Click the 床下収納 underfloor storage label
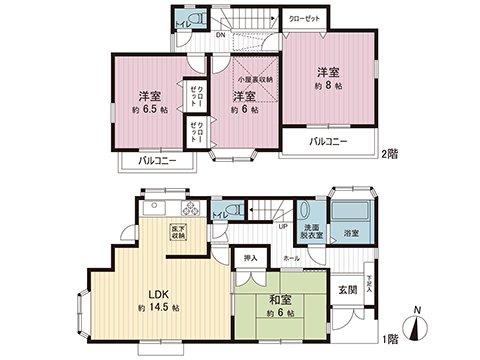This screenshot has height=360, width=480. tap(190, 231)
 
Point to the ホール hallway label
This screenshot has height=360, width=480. tap(291, 258)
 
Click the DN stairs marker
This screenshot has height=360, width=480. tap(221, 35)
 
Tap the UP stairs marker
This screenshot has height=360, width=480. tap(284, 225)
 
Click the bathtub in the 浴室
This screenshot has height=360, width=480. tap(353, 217)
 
